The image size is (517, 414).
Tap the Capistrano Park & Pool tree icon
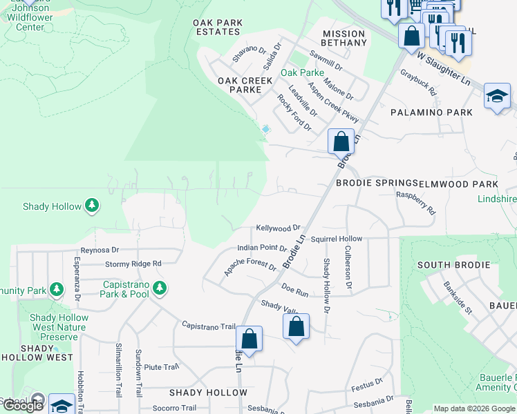160,288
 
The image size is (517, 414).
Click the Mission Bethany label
344,38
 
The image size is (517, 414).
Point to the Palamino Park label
431,112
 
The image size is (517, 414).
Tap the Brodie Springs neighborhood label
376,184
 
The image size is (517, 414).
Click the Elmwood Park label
459,184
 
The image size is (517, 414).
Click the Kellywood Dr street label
278,227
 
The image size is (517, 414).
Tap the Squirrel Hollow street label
336,239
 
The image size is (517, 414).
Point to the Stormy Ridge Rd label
133,264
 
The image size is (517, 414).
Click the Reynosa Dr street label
100,250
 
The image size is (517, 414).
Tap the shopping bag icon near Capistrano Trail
249,339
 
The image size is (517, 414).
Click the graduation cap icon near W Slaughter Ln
497,96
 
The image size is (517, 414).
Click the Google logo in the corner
23,406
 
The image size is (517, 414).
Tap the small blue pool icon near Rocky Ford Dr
266,128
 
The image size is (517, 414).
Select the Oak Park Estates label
218,27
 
